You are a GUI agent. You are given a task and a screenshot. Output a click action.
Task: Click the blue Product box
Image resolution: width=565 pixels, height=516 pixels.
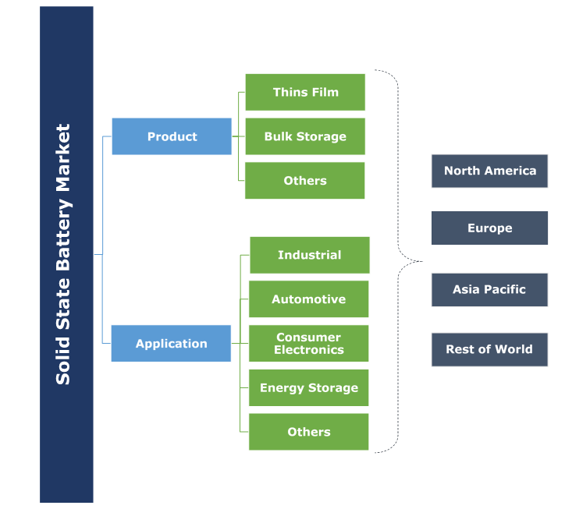tap(172, 136)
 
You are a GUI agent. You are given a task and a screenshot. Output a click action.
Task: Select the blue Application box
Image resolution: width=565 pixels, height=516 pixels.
tap(171, 343)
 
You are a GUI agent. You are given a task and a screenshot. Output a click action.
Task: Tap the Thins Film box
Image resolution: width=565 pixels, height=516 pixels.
tap(305, 92)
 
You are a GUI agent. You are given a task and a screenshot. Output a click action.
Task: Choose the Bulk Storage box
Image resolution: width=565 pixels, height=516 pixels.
tap(305, 136)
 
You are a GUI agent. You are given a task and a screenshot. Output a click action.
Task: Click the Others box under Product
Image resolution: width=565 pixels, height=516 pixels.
tap(305, 180)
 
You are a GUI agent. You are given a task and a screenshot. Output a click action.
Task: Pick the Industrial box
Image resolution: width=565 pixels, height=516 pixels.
tap(309, 255)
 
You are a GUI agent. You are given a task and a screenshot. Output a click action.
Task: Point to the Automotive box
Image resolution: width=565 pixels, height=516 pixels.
tap(308, 299)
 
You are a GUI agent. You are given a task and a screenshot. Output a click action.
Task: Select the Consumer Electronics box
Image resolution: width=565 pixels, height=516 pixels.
tap(308, 344)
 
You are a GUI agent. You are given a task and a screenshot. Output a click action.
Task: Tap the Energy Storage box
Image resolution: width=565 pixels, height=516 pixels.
tap(308, 387)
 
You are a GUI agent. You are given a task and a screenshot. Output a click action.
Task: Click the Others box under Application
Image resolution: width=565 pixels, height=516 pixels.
tap(308, 432)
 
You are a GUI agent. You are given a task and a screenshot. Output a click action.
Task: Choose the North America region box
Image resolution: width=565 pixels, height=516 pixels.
tap(489, 171)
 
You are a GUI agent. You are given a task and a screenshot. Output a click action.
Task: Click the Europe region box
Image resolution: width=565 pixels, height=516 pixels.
tap(489, 228)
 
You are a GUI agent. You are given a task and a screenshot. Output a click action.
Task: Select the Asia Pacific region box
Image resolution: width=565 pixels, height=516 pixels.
tap(489, 289)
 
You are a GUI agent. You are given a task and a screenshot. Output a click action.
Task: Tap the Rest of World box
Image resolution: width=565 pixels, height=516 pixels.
tap(489, 349)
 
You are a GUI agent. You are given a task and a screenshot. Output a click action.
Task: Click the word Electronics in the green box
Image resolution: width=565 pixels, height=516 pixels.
tap(308, 350)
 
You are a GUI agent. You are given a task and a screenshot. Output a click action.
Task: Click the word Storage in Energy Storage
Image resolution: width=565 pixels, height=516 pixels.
tap(336, 387)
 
